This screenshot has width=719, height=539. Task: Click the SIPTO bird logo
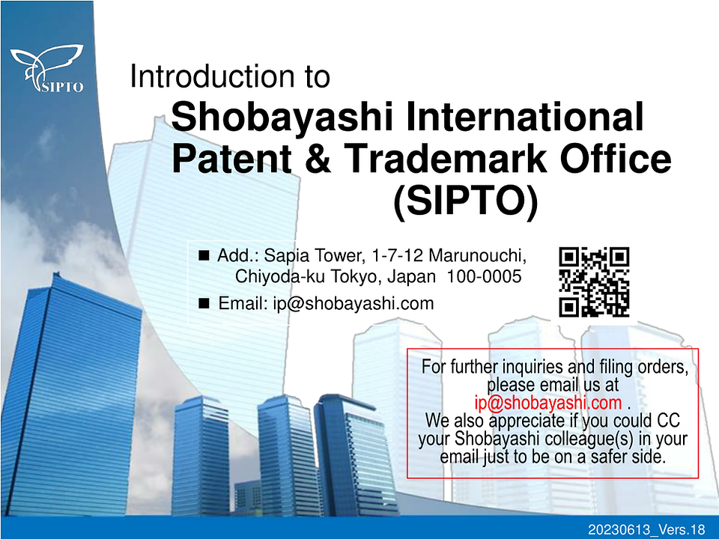tap(46, 69)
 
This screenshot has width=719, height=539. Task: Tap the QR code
tap(594, 282)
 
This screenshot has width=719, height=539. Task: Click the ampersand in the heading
tap(318, 158)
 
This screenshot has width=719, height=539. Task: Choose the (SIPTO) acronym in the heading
tap(466, 201)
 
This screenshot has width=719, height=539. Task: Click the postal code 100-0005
tap(484, 276)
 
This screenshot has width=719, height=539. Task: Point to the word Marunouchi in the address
tap(477, 255)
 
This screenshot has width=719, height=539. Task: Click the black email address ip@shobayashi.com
tap(353, 303)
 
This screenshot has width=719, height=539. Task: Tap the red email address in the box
tap(548, 403)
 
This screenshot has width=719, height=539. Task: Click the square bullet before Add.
tap(204, 255)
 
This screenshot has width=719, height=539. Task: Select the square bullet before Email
tap(204, 303)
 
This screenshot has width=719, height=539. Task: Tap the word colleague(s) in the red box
tap(589, 439)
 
